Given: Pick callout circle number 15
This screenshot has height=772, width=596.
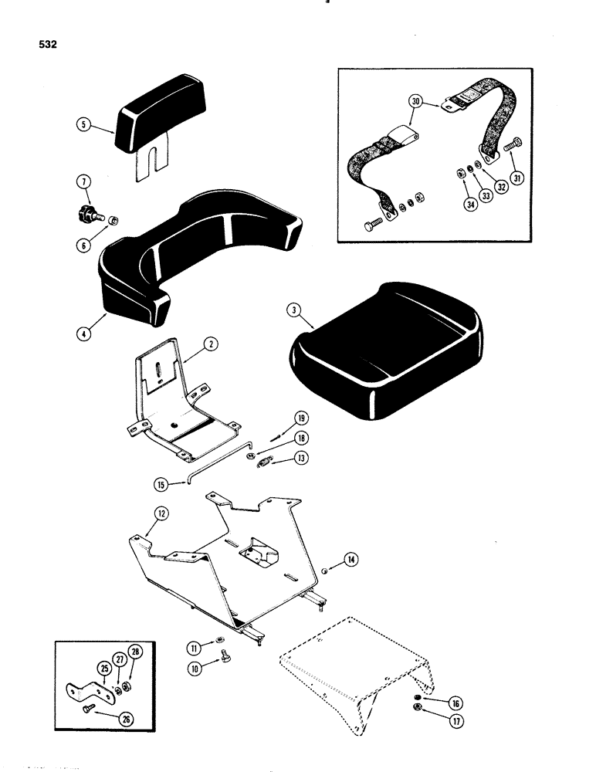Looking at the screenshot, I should click(x=161, y=485).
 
